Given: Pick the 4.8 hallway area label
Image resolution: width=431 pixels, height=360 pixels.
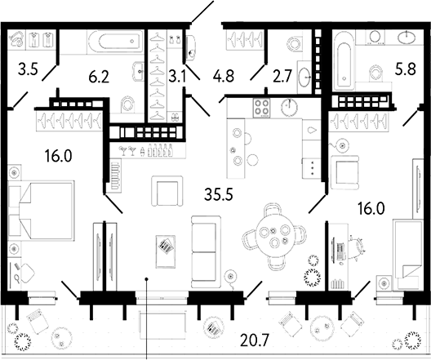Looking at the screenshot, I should pyautogui.click(x=224, y=79).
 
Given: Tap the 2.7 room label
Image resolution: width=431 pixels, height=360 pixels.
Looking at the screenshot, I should pyautogui.click(x=283, y=79).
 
